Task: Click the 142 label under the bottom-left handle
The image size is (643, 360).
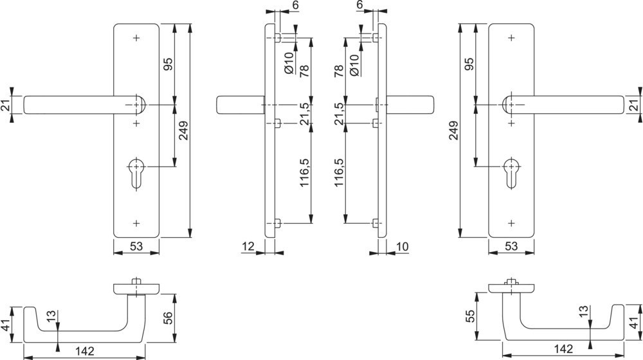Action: [x=85, y=351]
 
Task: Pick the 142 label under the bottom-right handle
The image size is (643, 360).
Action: [x=563, y=348]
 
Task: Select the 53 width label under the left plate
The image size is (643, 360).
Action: [x=136, y=246]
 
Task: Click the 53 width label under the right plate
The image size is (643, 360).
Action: [x=511, y=246]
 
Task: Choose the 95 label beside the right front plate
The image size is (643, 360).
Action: [x=469, y=64]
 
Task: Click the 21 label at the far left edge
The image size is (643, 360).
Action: [x=6, y=105]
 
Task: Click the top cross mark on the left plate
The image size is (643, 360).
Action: [x=136, y=38]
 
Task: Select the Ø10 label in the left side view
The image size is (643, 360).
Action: [x=289, y=64]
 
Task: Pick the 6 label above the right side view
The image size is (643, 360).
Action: [x=359, y=5]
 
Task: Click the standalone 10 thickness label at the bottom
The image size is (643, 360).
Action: [x=403, y=246]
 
